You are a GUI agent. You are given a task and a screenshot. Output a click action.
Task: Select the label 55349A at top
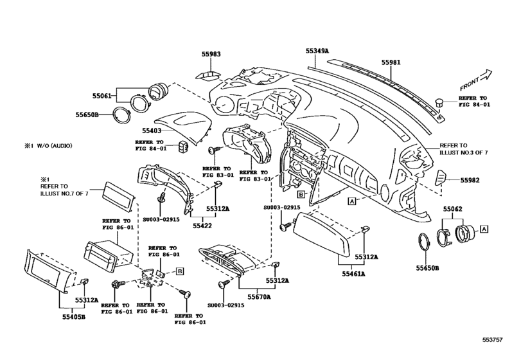click(317, 51)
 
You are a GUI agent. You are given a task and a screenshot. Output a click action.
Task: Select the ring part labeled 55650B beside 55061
click(121, 116)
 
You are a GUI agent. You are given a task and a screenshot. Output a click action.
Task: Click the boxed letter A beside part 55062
click(484, 229)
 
